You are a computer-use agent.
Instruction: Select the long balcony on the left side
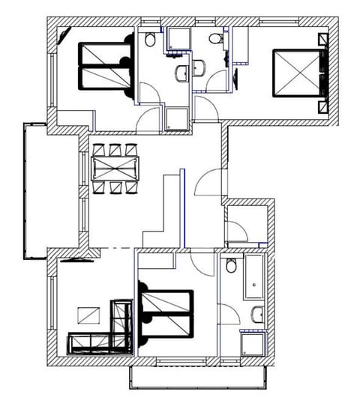click(36, 191)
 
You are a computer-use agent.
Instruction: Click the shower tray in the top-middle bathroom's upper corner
click(178, 39)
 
